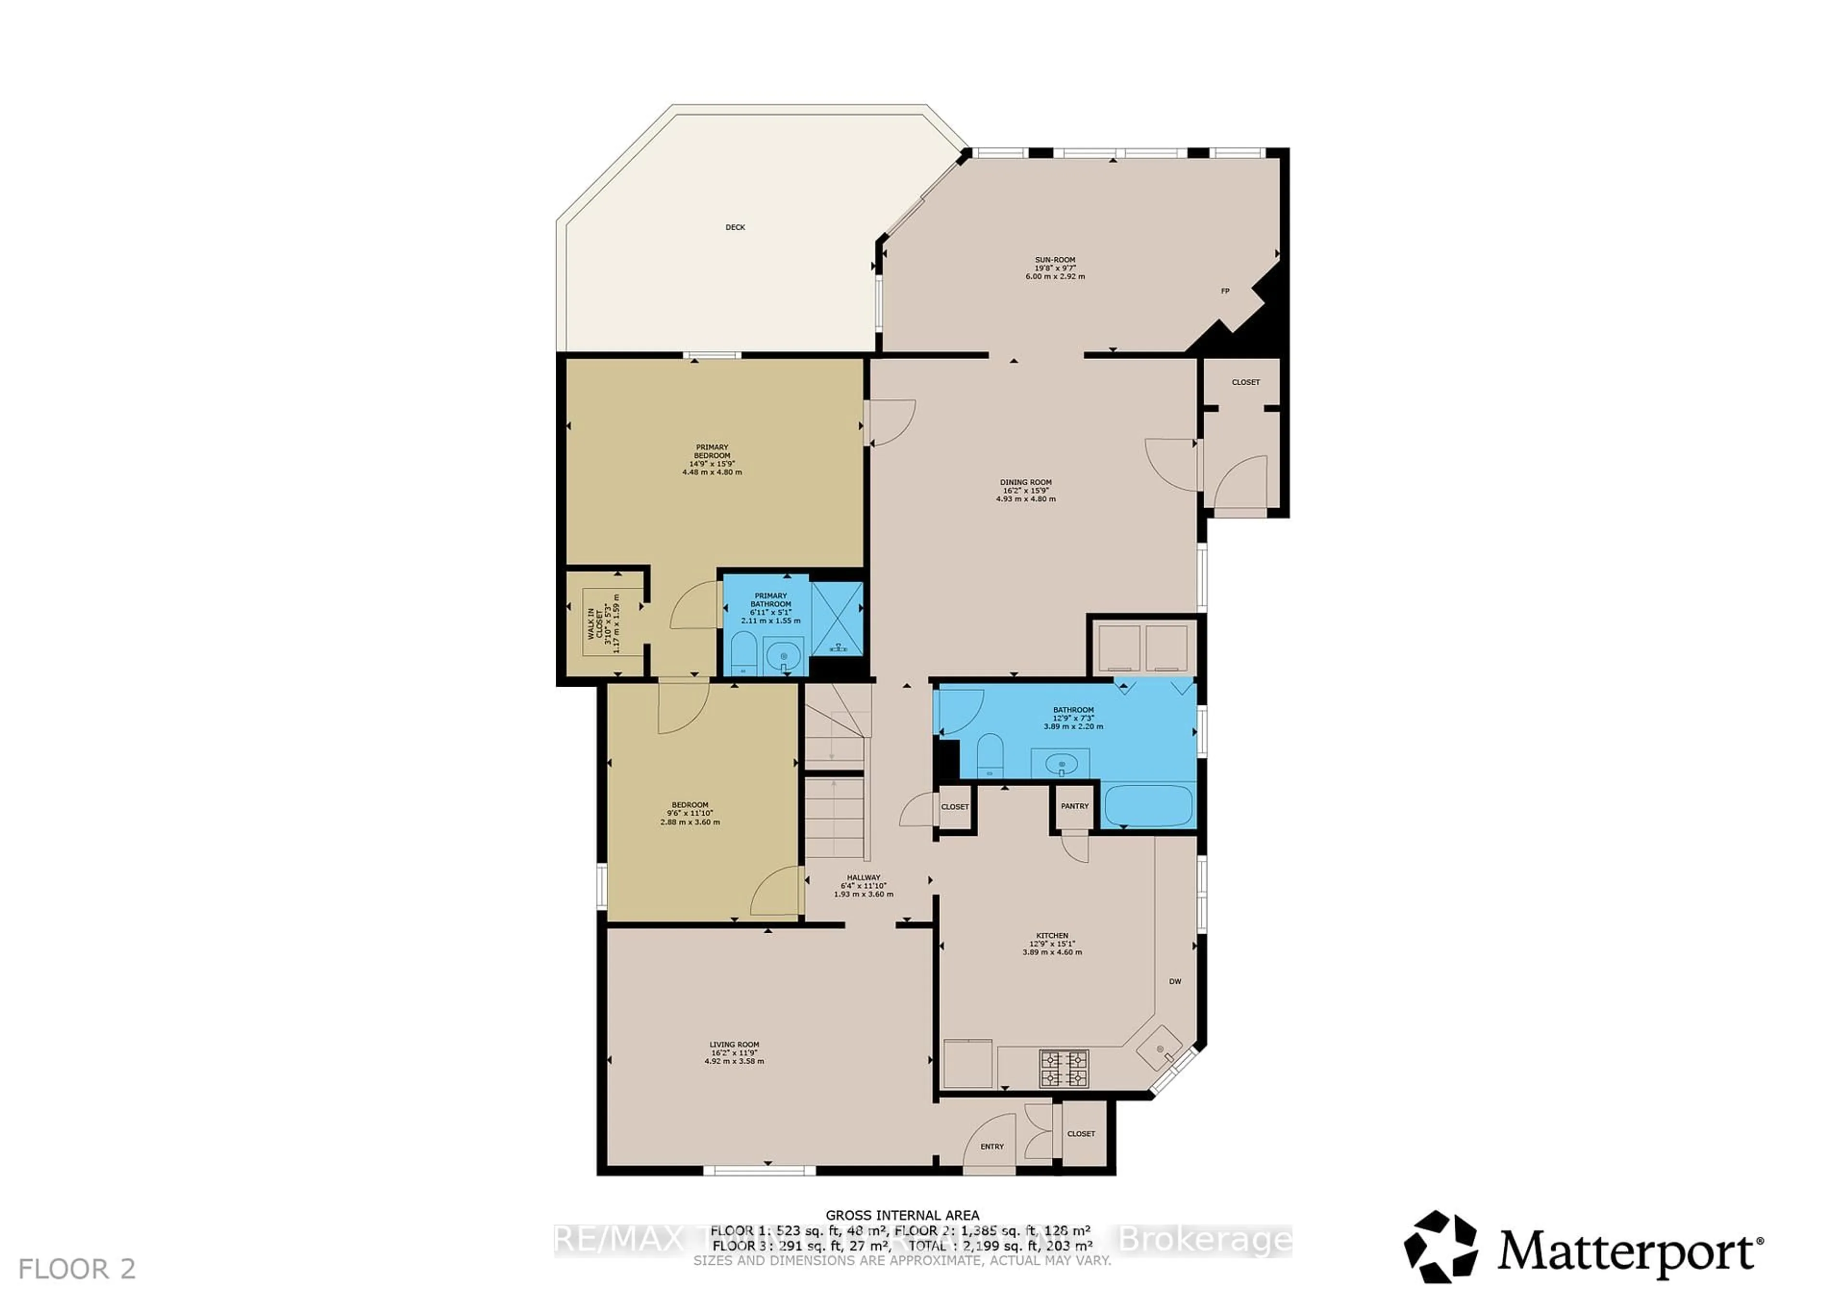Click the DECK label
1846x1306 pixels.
pos(735,227)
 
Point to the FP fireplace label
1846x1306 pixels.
pos(1225,291)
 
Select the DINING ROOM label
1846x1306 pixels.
pos(1026,482)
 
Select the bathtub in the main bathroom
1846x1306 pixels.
pos(1148,806)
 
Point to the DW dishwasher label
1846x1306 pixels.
pos(1174,981)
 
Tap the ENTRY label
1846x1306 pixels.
pos(992,1147)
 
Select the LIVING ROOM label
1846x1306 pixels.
pos(734,1044)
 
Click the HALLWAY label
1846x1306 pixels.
pos(863,878)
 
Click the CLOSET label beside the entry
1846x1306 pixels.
pos(1081,1134)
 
